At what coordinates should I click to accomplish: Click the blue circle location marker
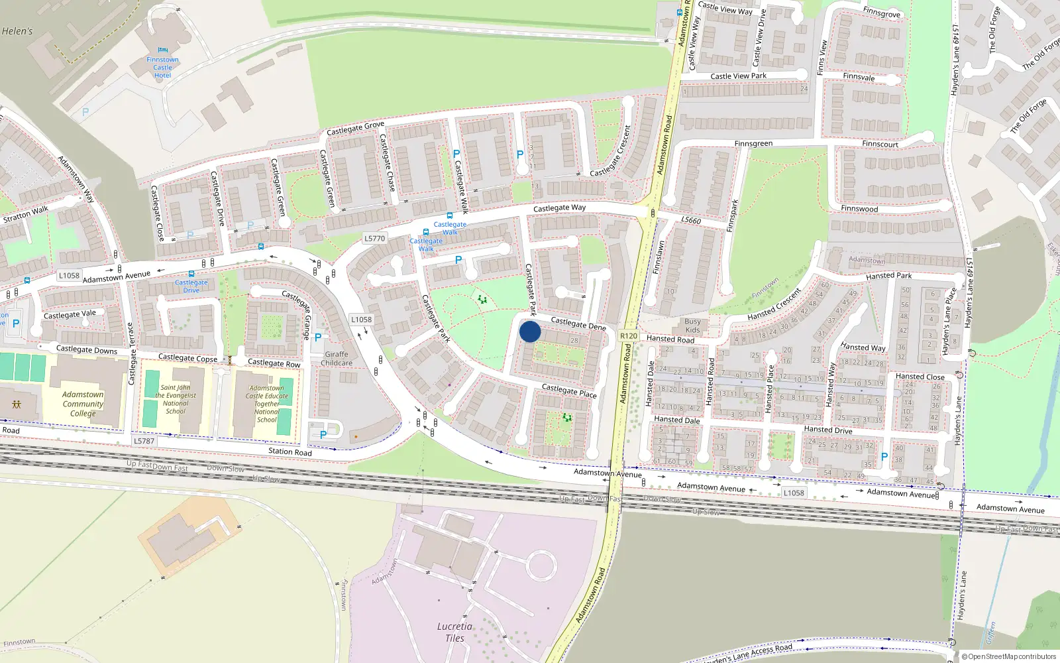pos(530,331)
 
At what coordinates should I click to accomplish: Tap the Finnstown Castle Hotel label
pos(162,67)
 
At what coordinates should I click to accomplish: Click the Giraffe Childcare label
pos(337,359)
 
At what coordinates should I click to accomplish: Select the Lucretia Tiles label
pos(454,632)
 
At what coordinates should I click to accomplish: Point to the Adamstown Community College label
pos(83,404)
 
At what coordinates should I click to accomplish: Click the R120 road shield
pos(629,336)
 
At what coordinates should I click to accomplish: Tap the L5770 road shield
pos(374,238)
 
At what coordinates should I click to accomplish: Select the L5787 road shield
pos(144,440)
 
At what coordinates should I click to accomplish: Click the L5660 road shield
pos(691,220)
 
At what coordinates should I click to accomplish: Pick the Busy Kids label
pos(692,326)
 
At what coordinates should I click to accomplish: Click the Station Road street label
pos(290,452)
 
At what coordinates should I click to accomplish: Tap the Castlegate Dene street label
pos(578,324)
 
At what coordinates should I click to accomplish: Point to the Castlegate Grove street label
pos(355,128)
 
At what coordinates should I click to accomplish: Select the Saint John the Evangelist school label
pos(176,399)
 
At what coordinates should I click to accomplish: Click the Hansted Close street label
pos(920,377)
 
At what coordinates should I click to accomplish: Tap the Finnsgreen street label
pos(753,143)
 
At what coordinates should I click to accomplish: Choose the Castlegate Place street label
pos(569,391)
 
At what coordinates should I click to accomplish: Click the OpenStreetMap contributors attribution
pos(1009,656)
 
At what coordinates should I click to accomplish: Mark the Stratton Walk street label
pos(26,214)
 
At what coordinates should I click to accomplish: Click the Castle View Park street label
pos(738,76)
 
